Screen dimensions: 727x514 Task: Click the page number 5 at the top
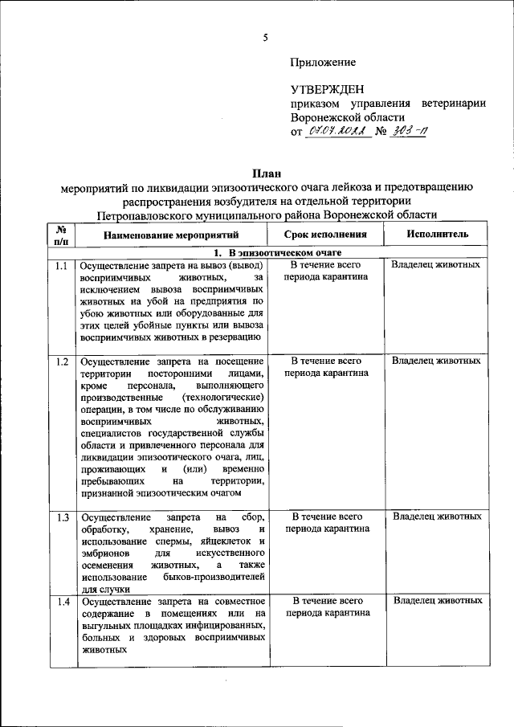coord(265,38)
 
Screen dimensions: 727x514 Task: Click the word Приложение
coord(323,62)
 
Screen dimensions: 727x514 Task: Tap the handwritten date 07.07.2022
coord(338,132)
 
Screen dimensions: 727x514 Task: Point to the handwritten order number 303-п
coord(408,132)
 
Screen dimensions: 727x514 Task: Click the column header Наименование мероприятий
coord(172,235)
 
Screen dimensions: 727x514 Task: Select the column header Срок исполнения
coord(326,235)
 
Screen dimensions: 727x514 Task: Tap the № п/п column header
coord(61,235)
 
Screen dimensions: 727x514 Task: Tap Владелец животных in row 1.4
coord(437,601)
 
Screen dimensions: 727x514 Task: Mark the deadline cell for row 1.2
coord(326,367)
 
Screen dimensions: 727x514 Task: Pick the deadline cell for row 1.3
coord(326,522)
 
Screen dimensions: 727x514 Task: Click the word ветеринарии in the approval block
coord(447,104)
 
